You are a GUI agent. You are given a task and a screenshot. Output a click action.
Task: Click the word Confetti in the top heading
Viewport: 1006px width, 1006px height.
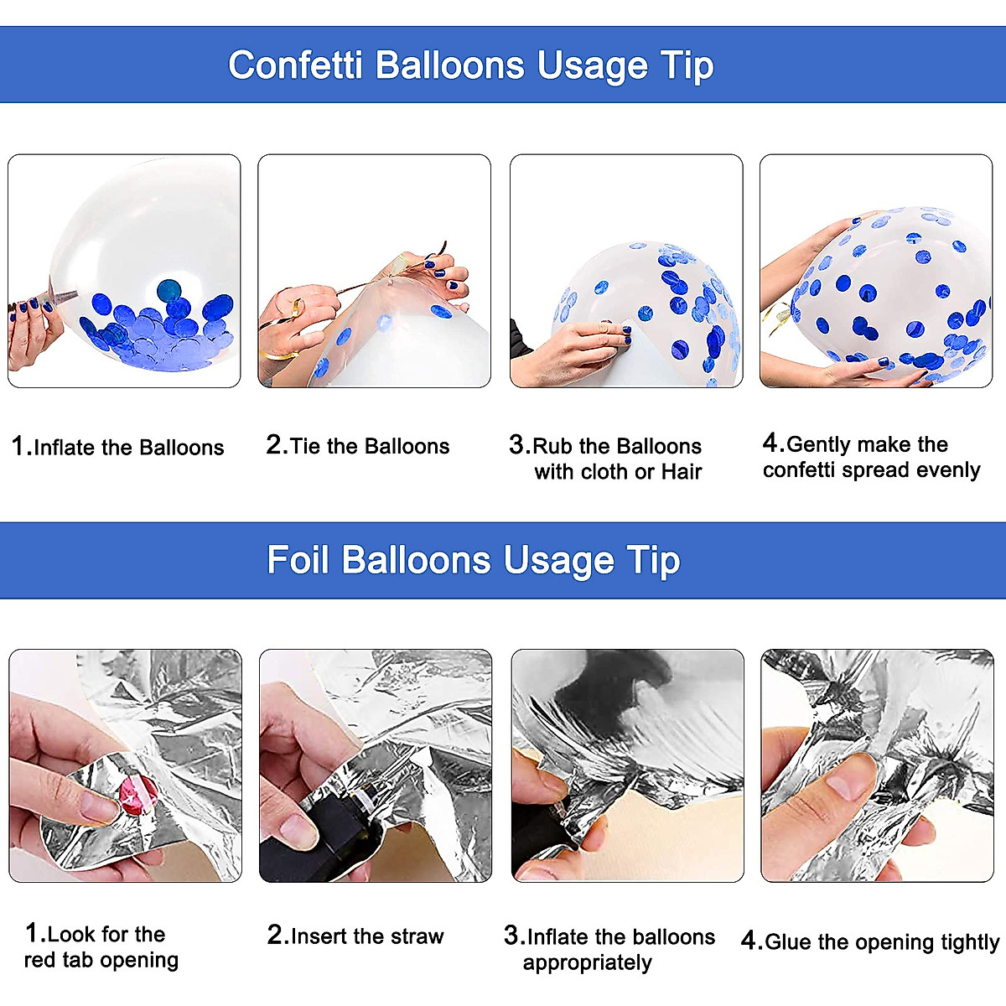pos(295,65)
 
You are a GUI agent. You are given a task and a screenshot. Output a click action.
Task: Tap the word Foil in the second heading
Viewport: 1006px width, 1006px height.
pos(298,560)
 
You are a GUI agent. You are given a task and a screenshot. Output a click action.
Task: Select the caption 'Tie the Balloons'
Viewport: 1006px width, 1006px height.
pos(370,446)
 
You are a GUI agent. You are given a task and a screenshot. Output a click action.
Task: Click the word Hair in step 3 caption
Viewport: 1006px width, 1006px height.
pos(682,472)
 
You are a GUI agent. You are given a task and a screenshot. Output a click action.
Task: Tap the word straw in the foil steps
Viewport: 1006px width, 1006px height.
pos(417,936)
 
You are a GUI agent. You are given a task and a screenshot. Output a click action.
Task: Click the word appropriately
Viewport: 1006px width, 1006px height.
pos(588,963)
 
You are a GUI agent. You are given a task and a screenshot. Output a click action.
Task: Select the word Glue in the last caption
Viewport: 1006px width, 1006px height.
pos(789,941)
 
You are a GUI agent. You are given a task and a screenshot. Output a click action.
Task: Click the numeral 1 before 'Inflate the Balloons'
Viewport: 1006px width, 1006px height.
pos(18,446)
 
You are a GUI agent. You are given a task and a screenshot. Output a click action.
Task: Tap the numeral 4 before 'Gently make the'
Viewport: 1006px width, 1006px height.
pos(770,443)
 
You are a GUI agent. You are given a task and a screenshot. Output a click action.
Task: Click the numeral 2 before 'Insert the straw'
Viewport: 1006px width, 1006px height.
pos(275,935)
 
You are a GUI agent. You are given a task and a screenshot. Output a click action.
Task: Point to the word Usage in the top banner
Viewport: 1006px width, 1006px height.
pos(593,68)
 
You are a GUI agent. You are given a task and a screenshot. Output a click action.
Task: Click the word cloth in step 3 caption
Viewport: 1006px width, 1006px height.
pos(605,472)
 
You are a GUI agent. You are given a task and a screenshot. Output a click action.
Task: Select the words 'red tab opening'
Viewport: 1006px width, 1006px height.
pos(101,960)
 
